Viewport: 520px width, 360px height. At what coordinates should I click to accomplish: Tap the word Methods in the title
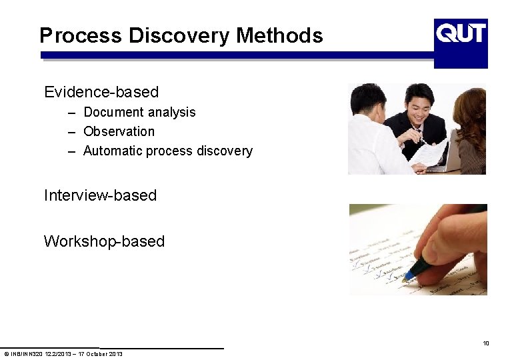pos(279,35)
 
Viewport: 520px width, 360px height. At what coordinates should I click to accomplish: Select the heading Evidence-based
pos(101,92)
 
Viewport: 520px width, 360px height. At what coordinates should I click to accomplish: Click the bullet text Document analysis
pos(139,112)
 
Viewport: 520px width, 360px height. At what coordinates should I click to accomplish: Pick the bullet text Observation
pos(119,131)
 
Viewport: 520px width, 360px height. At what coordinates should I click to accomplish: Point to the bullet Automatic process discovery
pos(167,151)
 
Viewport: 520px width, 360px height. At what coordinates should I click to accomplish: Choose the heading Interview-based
pos(100,195)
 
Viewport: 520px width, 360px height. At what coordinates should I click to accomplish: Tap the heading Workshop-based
pos(104,241)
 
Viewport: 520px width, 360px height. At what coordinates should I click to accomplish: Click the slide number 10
pos(486,343)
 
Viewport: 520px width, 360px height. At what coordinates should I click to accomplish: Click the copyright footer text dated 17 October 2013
pos(63,353)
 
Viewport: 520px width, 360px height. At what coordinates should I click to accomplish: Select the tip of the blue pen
pos(404,279)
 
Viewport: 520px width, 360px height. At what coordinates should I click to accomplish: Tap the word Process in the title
pos(81,35)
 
